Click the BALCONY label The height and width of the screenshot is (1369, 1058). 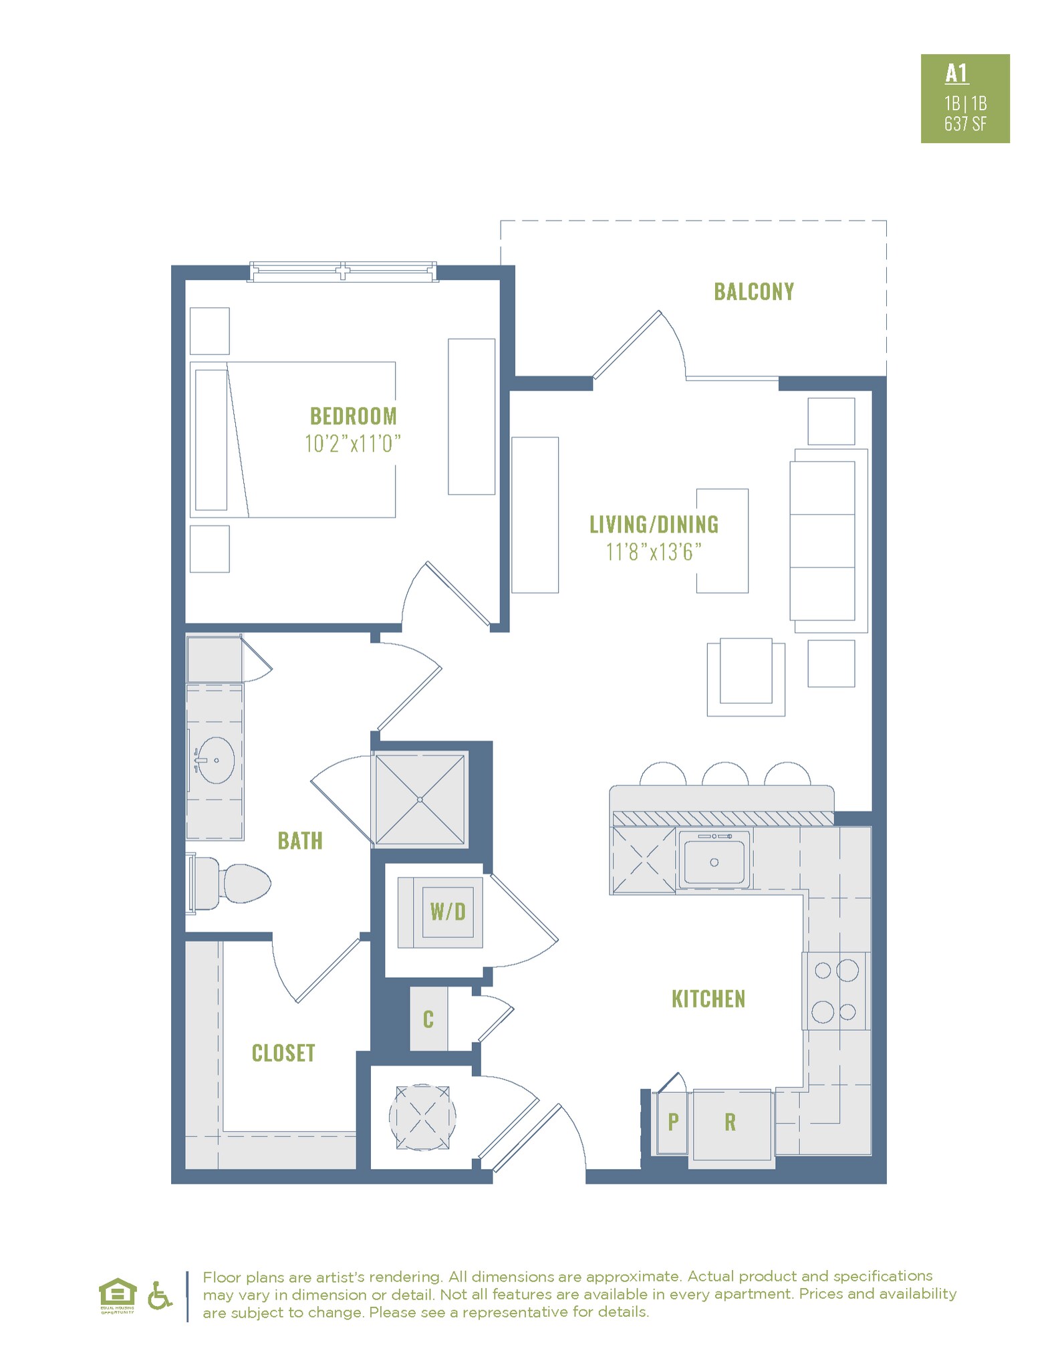[753, 292]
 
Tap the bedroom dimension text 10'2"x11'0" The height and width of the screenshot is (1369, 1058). [352, 443]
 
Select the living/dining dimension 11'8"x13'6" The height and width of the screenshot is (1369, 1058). [654, 552]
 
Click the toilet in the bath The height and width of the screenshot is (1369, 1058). [234, 882]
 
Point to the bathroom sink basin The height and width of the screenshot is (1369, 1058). [216, 760]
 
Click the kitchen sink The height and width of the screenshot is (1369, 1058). [713, 861]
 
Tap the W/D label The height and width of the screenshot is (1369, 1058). [447, 911]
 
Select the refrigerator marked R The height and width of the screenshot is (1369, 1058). [731, 1122]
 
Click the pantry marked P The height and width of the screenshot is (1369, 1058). [672, 1122]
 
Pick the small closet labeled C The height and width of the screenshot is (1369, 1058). [428, 1019]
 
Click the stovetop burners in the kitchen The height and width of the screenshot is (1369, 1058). [835, 991]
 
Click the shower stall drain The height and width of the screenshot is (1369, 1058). [420, 799]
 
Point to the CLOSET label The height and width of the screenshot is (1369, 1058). [283, 1053]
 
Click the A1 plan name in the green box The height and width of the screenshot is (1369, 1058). [956, 74]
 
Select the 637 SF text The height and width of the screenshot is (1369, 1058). [965, 124]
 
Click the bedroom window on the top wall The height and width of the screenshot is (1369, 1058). [344, 271]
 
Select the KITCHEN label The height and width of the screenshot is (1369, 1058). [708, 999]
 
